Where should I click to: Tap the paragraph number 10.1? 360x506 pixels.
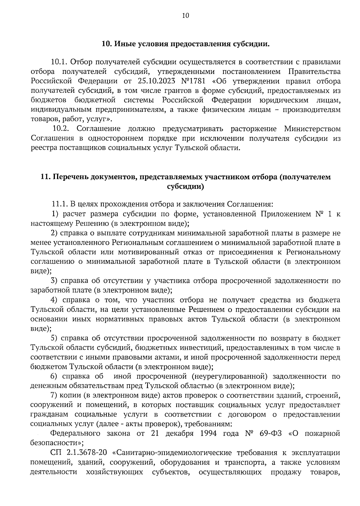[60, 62]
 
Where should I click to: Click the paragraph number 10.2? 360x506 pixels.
[61, 129]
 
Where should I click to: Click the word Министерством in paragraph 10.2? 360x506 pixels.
[312, 129]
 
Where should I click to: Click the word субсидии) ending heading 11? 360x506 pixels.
[185, 186]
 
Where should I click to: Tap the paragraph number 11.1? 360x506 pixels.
[59, 205]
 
